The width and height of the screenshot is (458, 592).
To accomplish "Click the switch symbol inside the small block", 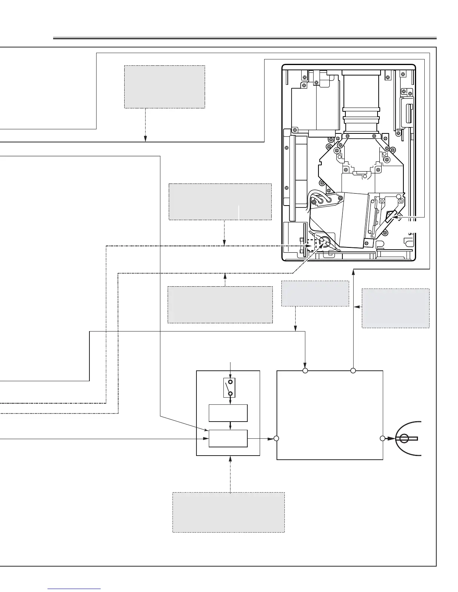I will point(230,388).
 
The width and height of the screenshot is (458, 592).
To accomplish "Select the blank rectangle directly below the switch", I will point(228,413).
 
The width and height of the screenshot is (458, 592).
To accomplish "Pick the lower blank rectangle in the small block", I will point(228,438).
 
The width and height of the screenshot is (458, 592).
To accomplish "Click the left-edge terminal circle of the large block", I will point(276,438).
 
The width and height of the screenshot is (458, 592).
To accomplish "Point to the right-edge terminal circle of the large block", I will point(382,438).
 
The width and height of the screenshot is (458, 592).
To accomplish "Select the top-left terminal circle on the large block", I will point(305,371).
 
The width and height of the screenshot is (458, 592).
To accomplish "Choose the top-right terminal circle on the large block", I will point(353,371).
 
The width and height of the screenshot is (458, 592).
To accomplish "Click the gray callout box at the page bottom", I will point(228,512).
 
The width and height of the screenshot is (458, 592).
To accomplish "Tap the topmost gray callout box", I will point(165,87).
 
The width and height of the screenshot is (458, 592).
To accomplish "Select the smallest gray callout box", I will point(315,293).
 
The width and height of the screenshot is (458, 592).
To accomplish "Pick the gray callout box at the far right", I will point(396,308).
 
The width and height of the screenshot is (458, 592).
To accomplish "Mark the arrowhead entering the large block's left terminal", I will point(271,438).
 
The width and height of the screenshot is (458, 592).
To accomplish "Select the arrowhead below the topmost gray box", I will point(145,139).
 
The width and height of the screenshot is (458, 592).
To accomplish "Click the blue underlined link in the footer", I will point(74,589).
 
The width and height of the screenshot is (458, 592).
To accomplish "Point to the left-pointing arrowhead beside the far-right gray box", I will point(357,307).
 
